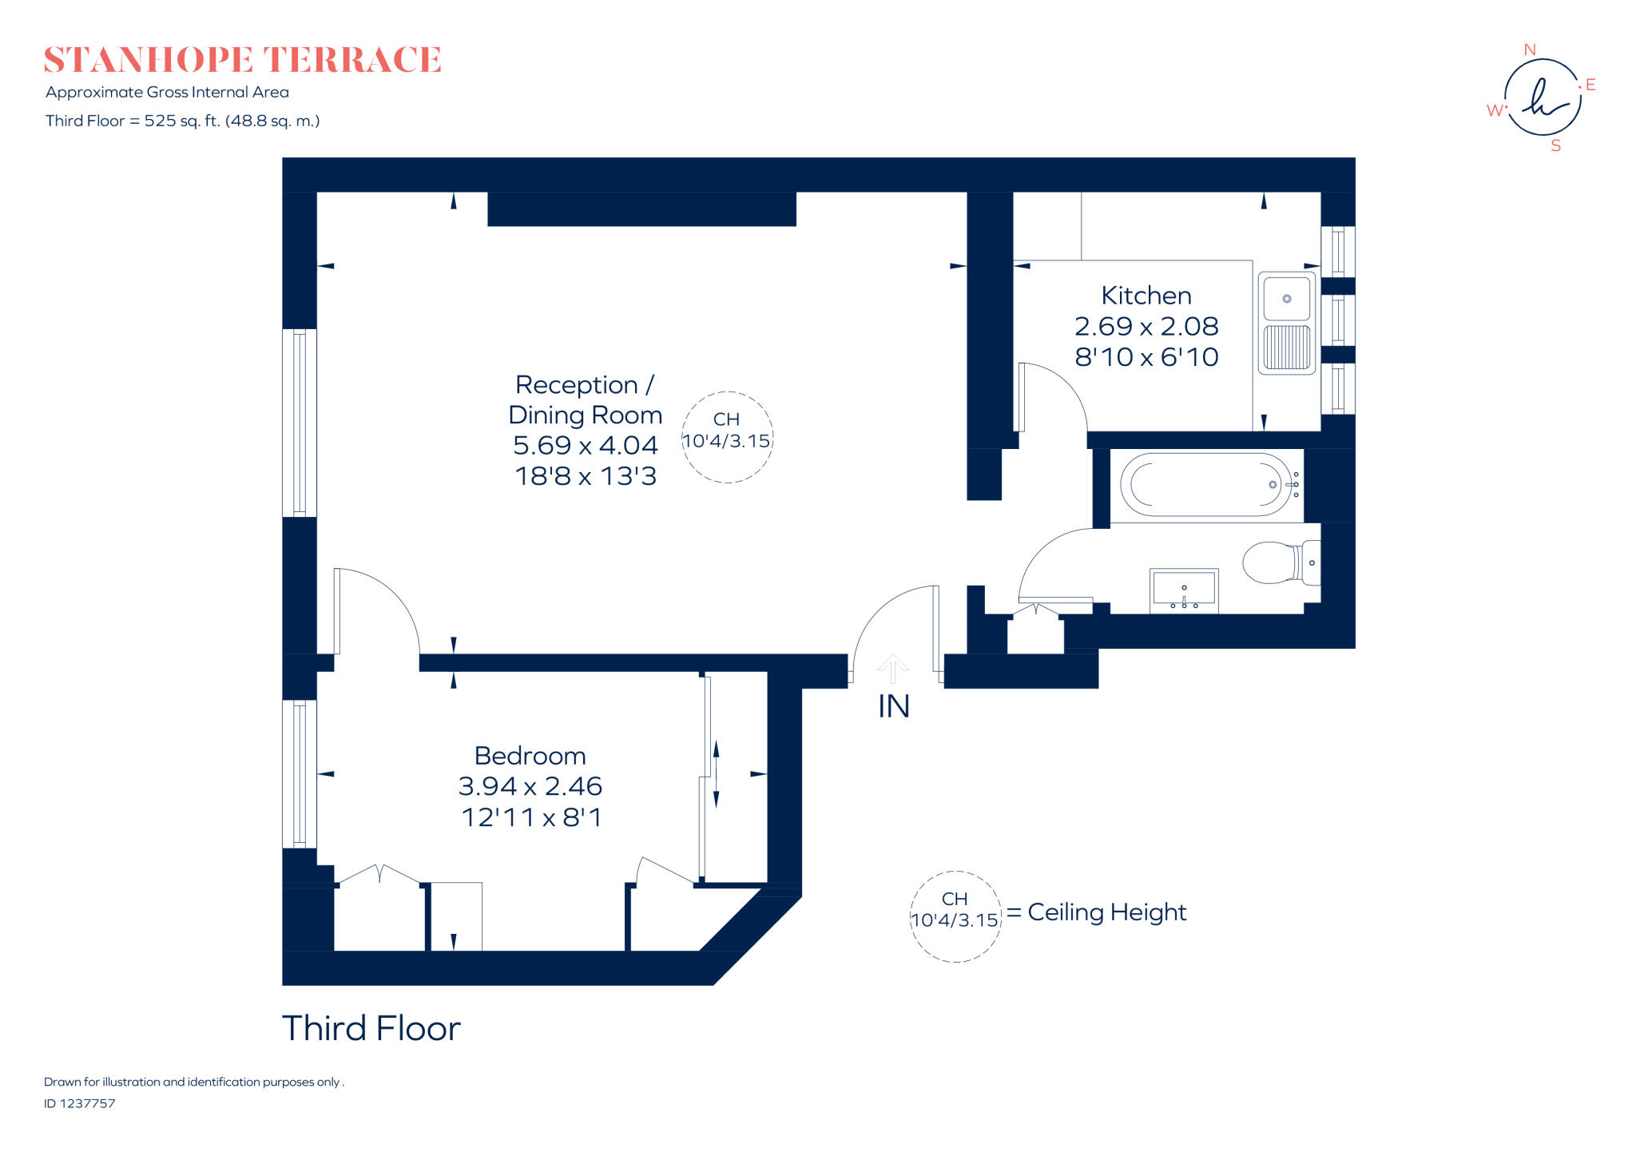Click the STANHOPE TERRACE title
tap(242, 60)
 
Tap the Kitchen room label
tap(1146, 296)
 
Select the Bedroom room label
tap(530, 756)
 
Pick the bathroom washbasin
tap(1184, 590)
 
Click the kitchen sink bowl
tap(1286, 298)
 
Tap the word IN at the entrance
tap(893, 706)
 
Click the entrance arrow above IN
tap(892, 668)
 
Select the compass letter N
tap(1530, 50)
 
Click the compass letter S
tap(1555, 145)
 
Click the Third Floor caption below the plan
tap(371, 1028)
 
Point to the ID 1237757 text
tap(80, 1103)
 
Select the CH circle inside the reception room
tap(727, 392)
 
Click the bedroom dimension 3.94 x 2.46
tap(530, 786)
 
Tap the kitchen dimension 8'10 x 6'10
tap(1146, 357)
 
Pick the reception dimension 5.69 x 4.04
tap(586, 445)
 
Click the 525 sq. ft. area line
tap(182, 121)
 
